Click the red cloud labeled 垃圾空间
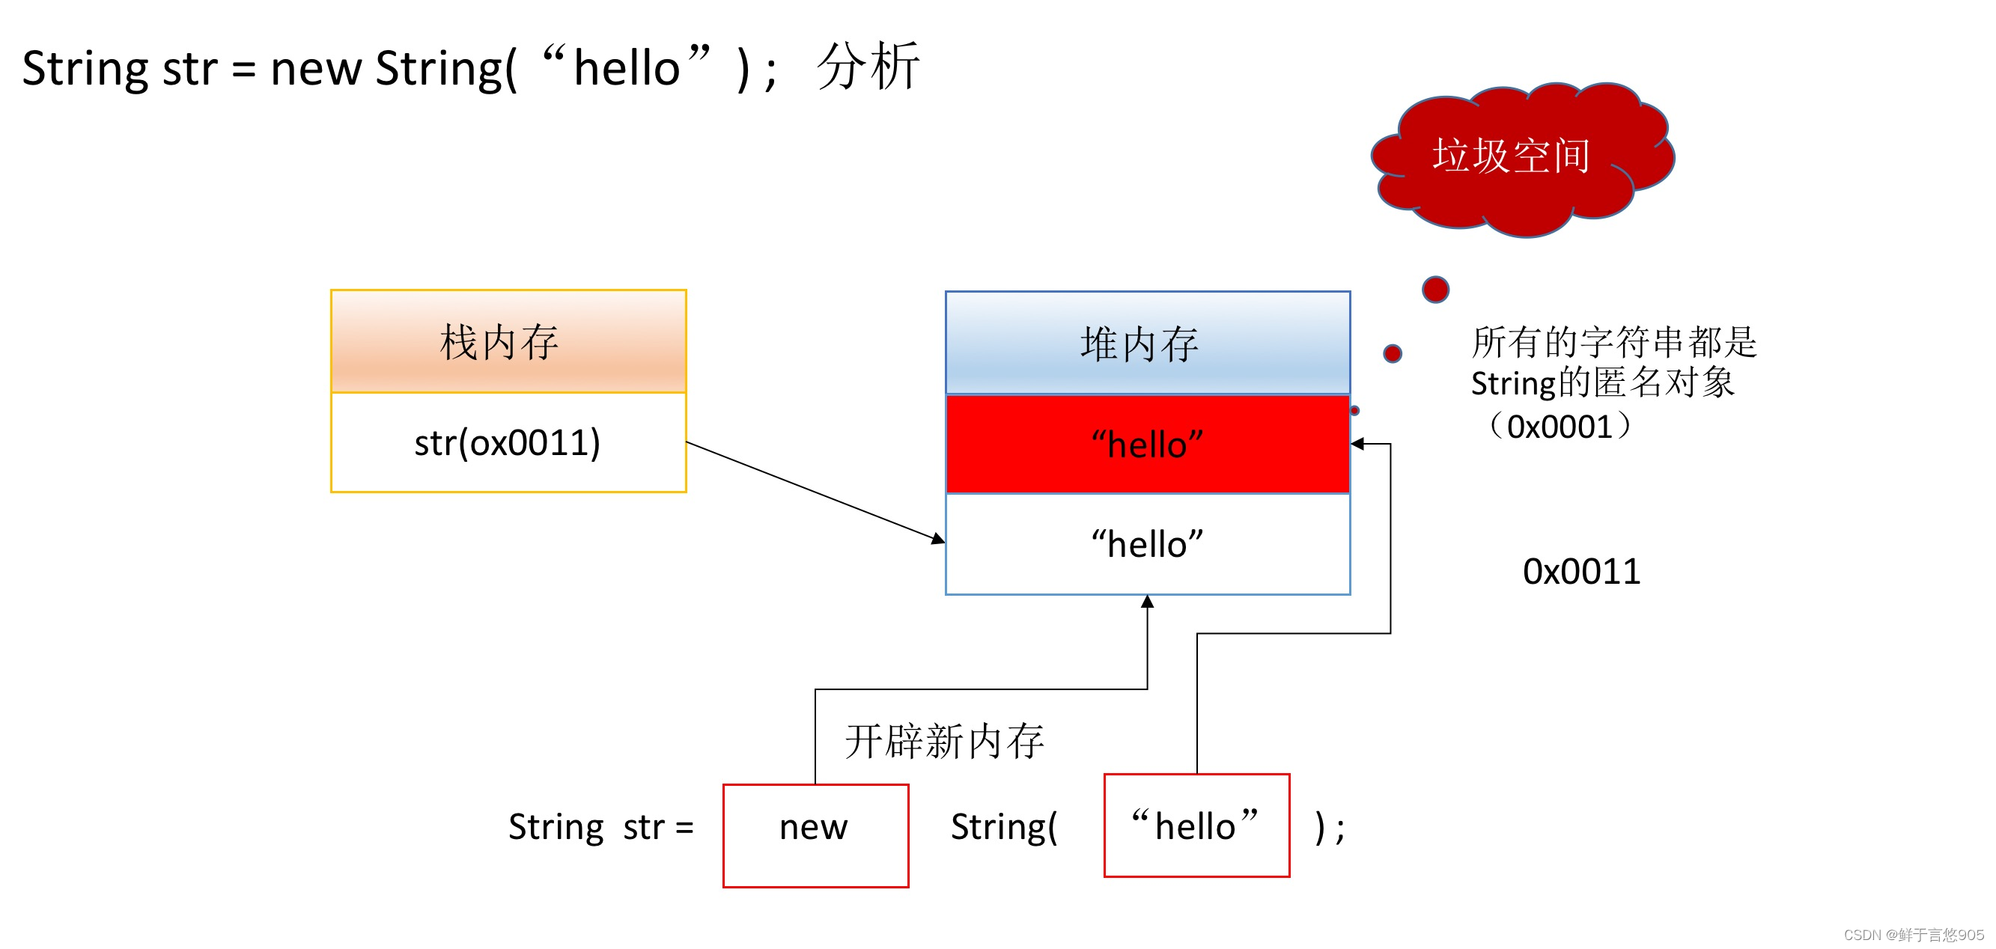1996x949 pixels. [x=1518, y=159]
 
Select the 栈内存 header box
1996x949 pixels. [x=508, y=341]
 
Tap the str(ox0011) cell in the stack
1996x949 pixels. [x=508, y=443]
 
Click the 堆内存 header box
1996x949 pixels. [x=1148, y=344]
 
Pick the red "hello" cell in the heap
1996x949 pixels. [x=1148, y=445]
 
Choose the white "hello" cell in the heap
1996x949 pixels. [x=1148, y=545]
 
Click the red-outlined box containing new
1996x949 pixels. [x=815, y=835]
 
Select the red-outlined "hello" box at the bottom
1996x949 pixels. [x=1196, y=825]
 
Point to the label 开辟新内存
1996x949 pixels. [x=944, y=742]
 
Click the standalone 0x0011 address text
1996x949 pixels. [x=1580, y=572]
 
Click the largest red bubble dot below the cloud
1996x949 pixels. [x=1435, y=289]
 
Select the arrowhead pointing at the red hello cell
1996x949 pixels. [x=1357, y=444]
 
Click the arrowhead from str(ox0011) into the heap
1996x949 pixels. [x=938, y=538]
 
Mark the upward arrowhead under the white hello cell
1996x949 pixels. [x=1148, y=602]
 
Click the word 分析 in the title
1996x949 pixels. [x=868, y=67]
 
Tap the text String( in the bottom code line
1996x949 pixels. [x=1003, y=826]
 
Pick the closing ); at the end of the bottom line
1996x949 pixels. [x=1330, y=827]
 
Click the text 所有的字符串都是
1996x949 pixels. [x=1613, y=341]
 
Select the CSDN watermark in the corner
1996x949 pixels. [x=1913, y=935]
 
